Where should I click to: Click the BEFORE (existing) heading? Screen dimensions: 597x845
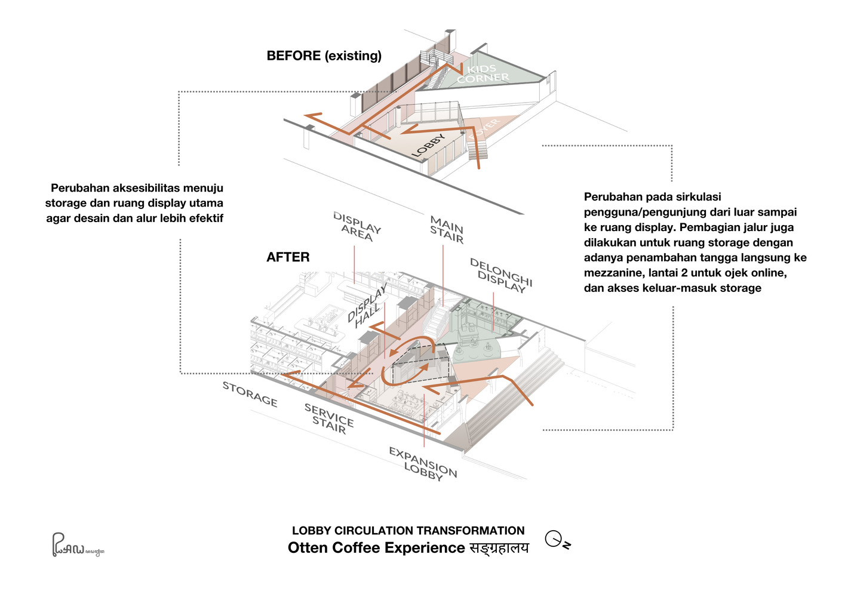(324, 56)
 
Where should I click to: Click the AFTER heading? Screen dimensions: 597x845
(288, 257)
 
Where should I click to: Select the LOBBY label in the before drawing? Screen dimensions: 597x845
(429, 146)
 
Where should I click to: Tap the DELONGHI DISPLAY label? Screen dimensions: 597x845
(500, 275)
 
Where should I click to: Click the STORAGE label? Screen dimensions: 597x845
(250, 395)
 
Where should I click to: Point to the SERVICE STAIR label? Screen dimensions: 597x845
(329, 418)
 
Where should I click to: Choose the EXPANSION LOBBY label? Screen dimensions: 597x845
(423, 463)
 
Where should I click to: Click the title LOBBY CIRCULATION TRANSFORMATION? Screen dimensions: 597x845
(408, 531)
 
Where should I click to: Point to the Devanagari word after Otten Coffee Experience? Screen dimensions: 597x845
(499, 548)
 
